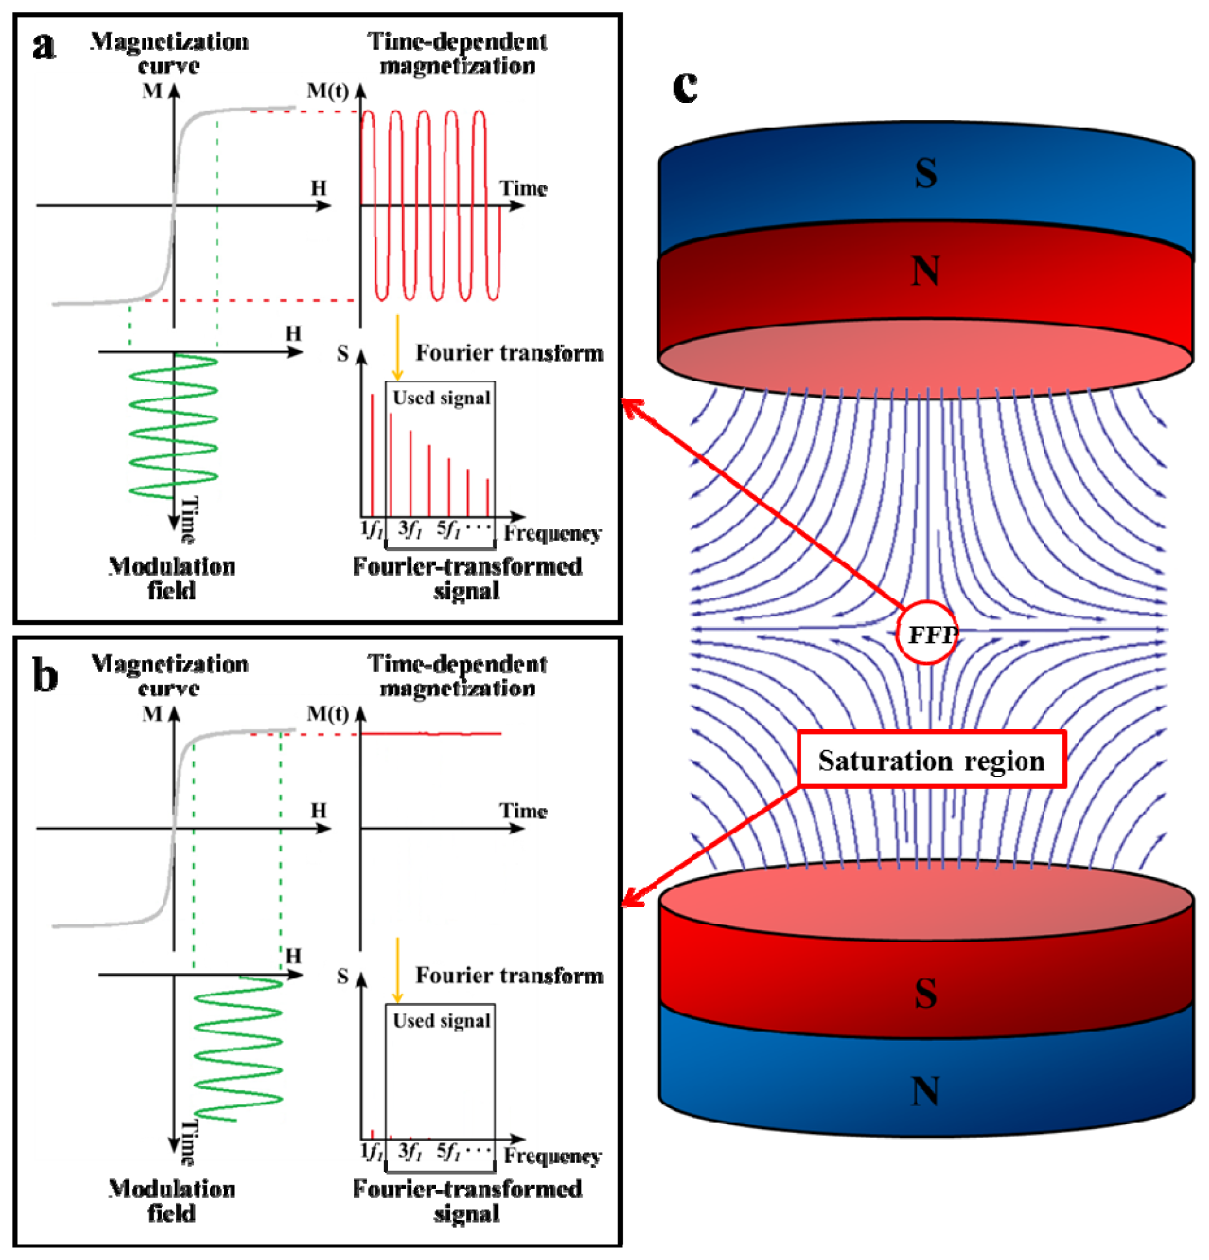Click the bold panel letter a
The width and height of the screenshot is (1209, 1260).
click(x=44, y=46)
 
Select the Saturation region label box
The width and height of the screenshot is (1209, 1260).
click(x=931, y=760)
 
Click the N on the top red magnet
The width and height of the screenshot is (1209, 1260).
click(x=925, y=271)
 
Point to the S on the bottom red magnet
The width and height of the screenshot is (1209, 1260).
click(x=926, y=993)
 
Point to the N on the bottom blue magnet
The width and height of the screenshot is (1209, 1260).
click(x=925, y=1091)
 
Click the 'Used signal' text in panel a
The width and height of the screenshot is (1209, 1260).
click(x=442, y=398)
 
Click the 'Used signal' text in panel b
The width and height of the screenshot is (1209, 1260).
click(x=442, y=1020)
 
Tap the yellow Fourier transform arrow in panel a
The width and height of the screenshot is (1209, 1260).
click(x=397, y=347)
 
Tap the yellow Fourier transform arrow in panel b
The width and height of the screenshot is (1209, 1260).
click(x=397, y=970)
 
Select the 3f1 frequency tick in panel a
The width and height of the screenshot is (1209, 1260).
click(x=410, y=529)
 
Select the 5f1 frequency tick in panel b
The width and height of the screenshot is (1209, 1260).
click(x=448, y=1151)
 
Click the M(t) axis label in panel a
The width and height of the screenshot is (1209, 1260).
click(x=327, y=91)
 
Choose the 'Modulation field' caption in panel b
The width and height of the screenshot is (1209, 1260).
click(x=172, y=1201)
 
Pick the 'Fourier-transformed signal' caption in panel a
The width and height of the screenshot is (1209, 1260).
click(x=467, y=578)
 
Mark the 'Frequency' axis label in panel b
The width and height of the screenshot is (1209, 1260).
click(x=552, y=1155)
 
